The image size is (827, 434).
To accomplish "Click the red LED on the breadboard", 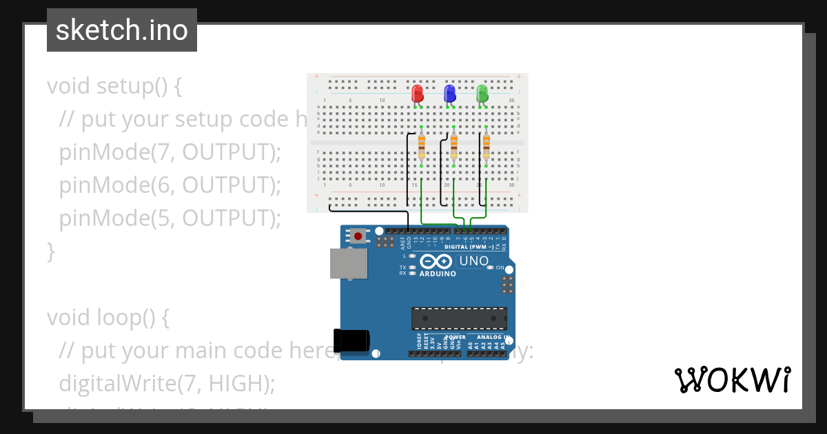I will pyautogui.click(x=418, y=93).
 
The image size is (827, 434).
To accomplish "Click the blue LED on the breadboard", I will pyautogui.click(x=450, y=93).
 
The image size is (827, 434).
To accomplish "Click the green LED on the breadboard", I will pyautogui.click(x=482, y=93).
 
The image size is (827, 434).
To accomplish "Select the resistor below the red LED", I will pyautogui.click(x=422, y=147).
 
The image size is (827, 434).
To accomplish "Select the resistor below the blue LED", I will pyautogui.click(x=454, y=147).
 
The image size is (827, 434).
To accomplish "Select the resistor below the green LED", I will pyautogui.click(x=487, y=147).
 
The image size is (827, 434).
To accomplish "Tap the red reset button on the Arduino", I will pyautogui.click(x=358, y=236).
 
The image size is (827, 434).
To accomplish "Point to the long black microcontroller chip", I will pyautogui.click(x=459, y=318).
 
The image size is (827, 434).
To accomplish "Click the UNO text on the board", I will pyautogui.click(x=473, y=261).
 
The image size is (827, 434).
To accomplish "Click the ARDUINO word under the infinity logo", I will pyautogui.click(x=438, y=273).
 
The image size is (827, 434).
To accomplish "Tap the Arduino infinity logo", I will pyautogui.click(x=436, y=262).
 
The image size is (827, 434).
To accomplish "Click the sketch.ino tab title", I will pyautogui.click(x=122, y=30).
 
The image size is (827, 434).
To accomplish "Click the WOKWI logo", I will pyautogui.click(x=732, y=380).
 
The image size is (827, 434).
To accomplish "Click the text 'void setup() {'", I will pyautogui.click(x=114, y=86).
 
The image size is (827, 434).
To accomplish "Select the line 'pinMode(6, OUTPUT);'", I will pyautogui.click(x=170, y=185).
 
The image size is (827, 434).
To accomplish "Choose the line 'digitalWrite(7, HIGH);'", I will pyautogui.click(x=167, y=382).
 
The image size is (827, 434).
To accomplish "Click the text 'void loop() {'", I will pyautogui.click(x=108, y=318).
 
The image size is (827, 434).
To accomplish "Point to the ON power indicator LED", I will pyautogui.click(x=490, y=267).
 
